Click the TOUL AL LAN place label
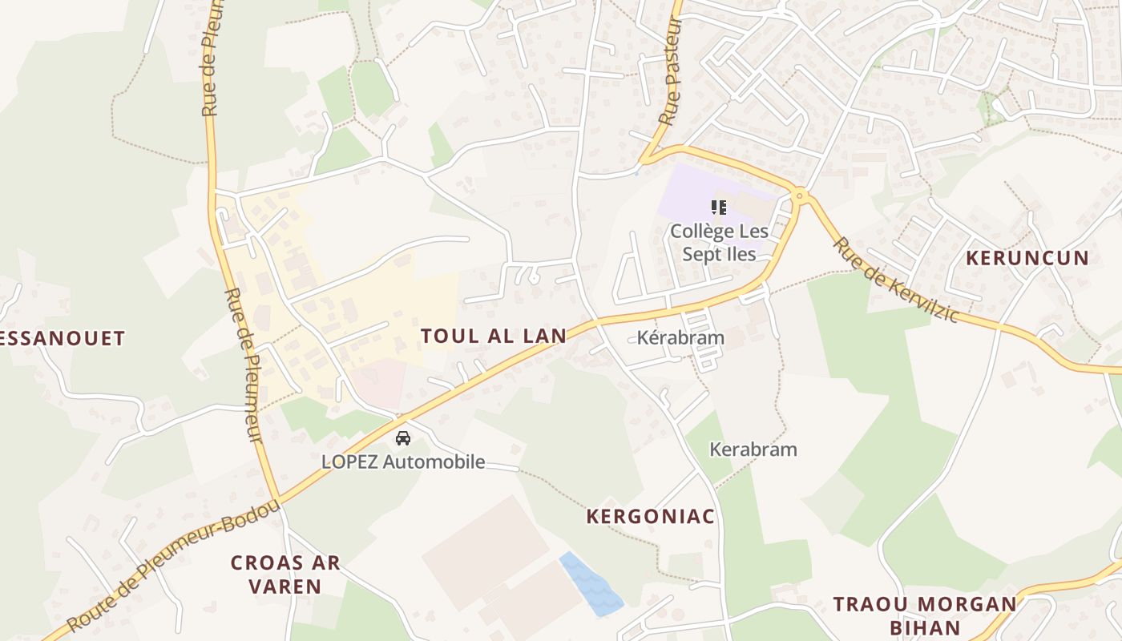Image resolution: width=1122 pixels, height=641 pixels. pyautogui.click(x=493, y=336)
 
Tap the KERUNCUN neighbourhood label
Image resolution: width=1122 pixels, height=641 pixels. pyautogui.click(x=1027, y=258)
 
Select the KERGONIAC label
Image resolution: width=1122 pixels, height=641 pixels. pyautogui.click(x=650, y=517)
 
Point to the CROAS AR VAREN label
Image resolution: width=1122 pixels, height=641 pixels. pyautogui.click(x=285, y=574)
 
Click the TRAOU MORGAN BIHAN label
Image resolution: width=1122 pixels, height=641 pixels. pyautogui.click(x=925, y=615)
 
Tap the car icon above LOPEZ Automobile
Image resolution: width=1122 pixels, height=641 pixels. pyautogui.click(x=403, y=438)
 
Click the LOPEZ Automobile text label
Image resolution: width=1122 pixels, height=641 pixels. pyautogui.click(x=403, y=462)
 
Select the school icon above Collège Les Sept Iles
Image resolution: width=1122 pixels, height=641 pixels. pyautogui.click(x=719, y=208)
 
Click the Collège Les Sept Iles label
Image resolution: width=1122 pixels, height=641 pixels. pyautogui.click(x=719, y=243)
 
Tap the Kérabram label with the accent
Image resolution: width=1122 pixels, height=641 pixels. pyautogui.click(x=680, y=337)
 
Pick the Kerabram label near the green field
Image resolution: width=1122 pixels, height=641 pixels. pyautogui.click(x=753, y=450)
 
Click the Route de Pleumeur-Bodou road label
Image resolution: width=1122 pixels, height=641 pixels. pyautogui.click(x=173, y=566)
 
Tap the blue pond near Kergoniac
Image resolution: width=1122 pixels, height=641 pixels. pyautogui.click(x=591, y=584)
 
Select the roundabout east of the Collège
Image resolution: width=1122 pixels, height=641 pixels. pyautogui.click(x=798, y=195)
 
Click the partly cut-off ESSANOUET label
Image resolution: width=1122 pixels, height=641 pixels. pyautogui.click(x=63, y=339)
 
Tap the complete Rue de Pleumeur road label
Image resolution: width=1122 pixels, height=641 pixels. pyautogui.click(x=244, y=365)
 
